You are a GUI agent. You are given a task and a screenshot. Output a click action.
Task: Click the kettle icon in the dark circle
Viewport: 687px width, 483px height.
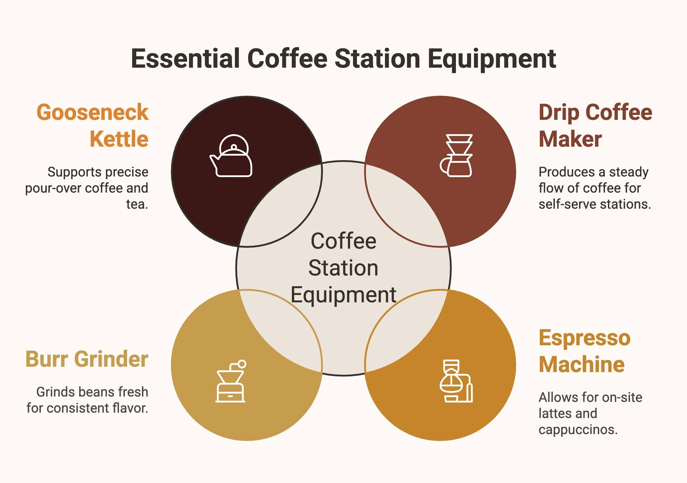231,157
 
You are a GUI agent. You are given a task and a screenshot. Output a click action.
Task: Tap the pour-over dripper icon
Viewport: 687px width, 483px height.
456,156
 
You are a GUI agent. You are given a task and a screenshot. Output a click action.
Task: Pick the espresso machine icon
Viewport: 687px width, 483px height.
456,381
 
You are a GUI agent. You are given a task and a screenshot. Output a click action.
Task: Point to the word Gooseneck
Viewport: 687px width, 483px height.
92,112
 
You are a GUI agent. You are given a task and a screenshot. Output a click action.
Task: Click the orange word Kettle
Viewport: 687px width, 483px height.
119,139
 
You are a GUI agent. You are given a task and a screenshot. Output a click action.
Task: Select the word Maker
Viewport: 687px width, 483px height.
570,139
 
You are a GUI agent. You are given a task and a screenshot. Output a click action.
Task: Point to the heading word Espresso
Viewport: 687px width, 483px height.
584,338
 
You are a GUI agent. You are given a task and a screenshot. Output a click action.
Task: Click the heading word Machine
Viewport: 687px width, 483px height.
581,365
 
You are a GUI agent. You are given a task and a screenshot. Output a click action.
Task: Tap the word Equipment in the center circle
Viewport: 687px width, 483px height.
343,295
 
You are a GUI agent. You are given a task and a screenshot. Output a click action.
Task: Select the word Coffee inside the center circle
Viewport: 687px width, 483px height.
343,241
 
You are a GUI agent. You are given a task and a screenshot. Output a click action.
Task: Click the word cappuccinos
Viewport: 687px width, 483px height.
578,430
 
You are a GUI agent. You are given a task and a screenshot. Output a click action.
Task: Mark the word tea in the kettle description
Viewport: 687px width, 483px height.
137,205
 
